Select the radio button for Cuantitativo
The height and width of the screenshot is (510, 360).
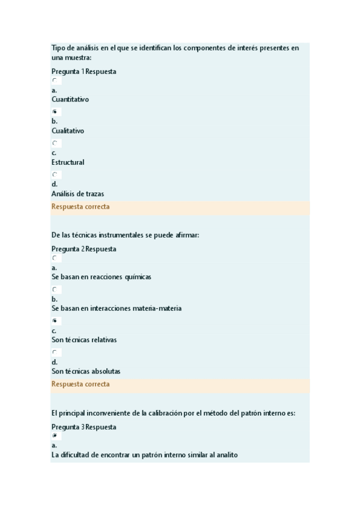click(55, 80)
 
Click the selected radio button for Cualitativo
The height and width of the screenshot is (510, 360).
click(55, 112)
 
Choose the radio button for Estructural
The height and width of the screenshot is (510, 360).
click(55, 143)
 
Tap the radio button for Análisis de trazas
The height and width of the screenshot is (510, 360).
click(55, 174)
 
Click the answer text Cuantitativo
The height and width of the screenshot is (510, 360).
click(70, 99)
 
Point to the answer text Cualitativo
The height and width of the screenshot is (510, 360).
click(68, 131)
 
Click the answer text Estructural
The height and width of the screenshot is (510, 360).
click(68, 162)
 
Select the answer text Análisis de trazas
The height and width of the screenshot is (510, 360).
click(78, 194)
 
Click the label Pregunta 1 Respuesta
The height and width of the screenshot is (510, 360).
click(84, 72)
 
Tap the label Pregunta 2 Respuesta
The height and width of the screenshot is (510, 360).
click(84, 249)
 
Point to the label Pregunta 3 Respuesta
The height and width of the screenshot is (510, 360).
click(84, 427)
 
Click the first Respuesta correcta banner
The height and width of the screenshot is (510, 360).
click(81, 207)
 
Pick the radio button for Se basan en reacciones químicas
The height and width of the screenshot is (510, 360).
click(55, 258)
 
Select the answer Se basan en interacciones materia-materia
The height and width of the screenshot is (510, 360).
click(117, 309)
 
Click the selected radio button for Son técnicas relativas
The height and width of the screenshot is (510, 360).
click(55, 321)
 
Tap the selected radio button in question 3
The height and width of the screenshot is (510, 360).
click(55, 435)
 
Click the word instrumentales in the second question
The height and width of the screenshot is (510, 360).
click(118, 235)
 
